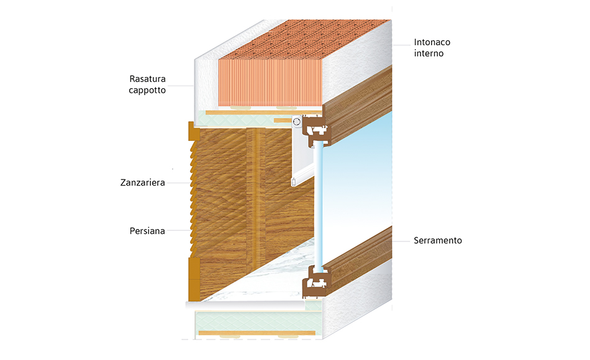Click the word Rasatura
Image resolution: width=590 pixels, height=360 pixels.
[148, 79]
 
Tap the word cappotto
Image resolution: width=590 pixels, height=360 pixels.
[147, 90]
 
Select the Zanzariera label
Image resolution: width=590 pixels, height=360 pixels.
[143, 182]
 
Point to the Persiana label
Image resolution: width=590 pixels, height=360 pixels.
[147, 231]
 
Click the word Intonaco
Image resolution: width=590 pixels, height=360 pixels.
[432, 42]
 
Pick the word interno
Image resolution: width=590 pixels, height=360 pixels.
[429, 53]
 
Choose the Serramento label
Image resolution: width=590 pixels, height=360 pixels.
[438, 240]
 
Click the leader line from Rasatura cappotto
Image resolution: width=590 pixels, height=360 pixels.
[180, 86]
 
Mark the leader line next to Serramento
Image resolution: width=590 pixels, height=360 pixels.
[401, 241]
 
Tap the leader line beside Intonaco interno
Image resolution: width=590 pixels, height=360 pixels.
[402, 45]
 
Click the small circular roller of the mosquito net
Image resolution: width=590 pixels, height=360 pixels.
[296, 122]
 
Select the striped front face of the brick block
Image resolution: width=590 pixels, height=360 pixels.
[270, 83]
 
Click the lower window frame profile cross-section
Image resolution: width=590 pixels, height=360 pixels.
[317, 281]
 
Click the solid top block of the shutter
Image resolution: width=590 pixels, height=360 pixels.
[193, 132]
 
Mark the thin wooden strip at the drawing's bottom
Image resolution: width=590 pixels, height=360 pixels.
[257, 333]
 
